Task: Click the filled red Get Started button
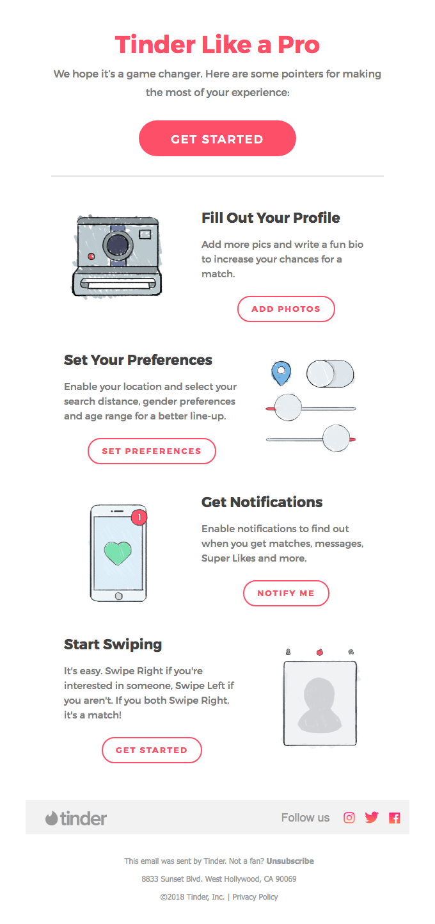click(x=217, y=139)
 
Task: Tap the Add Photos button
click(x=286, y=309)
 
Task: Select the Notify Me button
click(x=286, y=593)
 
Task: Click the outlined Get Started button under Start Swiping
click(x=152, y=750)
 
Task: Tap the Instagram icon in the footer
click(x=349, y=817)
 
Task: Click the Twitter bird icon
click(x=372, y=817)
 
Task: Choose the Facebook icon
click(x=394, y=818)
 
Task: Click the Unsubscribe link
click(x=290, y=861)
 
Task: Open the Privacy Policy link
click(x=255, y=896)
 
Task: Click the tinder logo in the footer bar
click(x=76, y=818)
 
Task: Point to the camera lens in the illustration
click(x=117, y=245)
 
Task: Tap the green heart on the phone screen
click(x=118, y=553)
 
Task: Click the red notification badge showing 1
click(x=139, y=517)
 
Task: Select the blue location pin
click(x=281, y=372)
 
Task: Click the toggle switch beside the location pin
click(x=330, y=373)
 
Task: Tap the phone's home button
click(x=118, y=596)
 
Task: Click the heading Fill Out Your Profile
click(x=271, y=218)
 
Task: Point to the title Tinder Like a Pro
click(x=217, y=45)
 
